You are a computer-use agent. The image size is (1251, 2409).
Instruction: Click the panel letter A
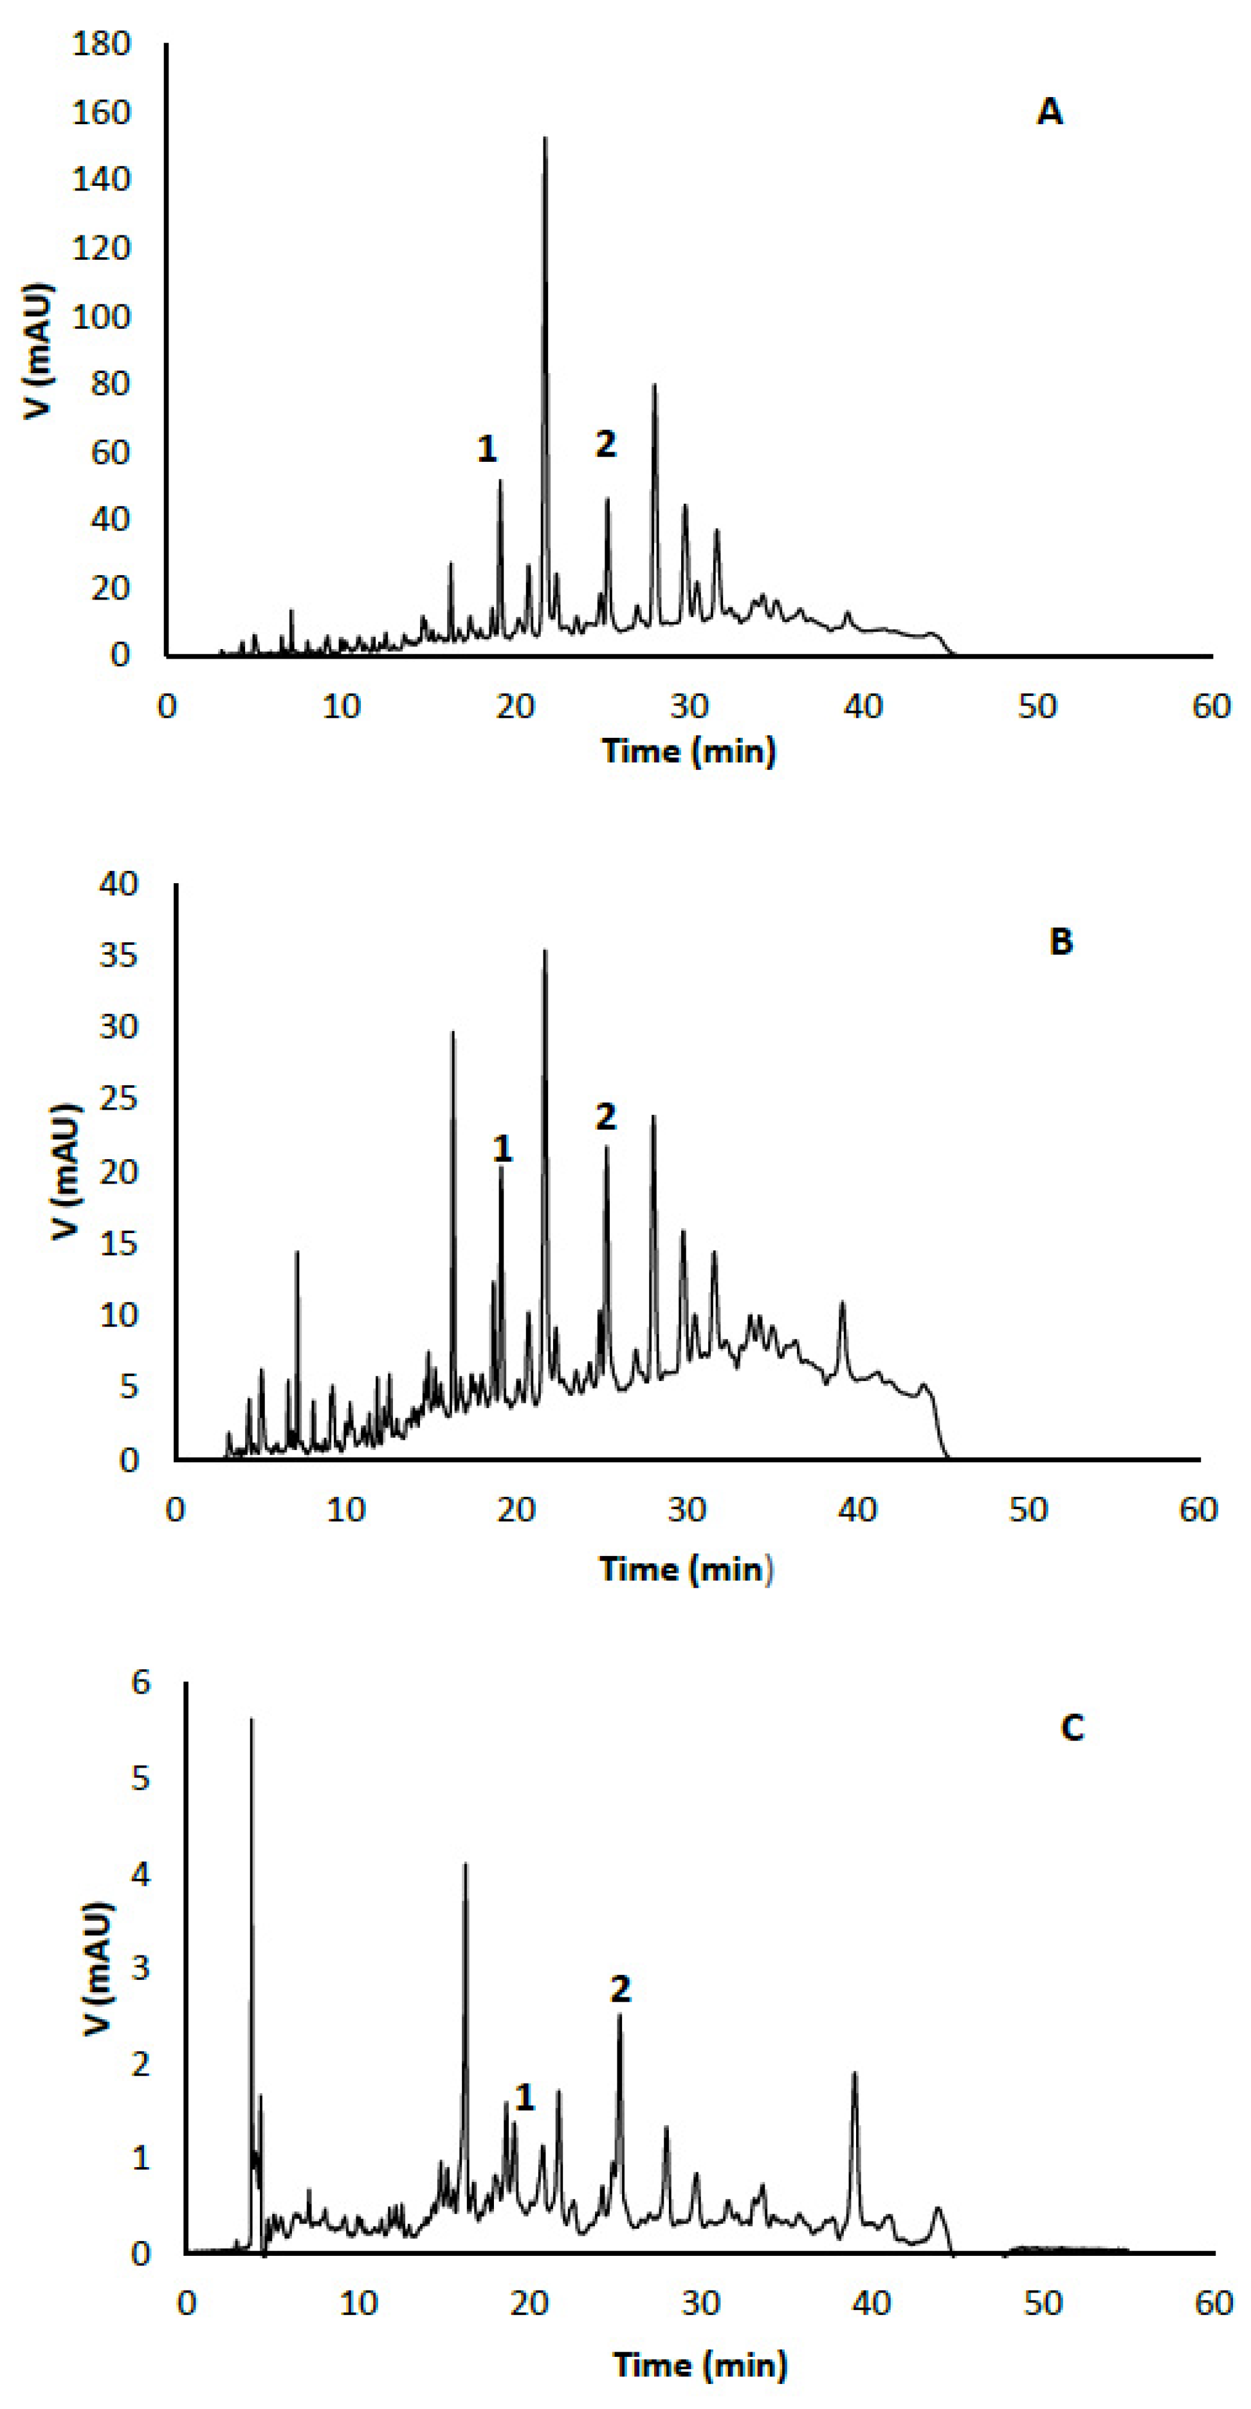click(1049, 112)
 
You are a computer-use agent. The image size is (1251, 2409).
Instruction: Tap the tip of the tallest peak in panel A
click(545, 138)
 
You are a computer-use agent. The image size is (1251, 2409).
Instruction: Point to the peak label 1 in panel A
click(487, 449)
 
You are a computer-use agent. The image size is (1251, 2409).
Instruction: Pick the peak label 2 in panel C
click(620, 1989)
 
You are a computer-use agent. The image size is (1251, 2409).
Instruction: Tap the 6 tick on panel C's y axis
click(140, 1683)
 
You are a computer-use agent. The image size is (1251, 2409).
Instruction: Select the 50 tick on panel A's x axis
click(1037, 706)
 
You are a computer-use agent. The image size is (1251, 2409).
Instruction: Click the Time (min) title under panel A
click(689, 751)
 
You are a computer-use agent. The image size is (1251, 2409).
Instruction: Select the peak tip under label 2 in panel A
click(607, 499)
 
